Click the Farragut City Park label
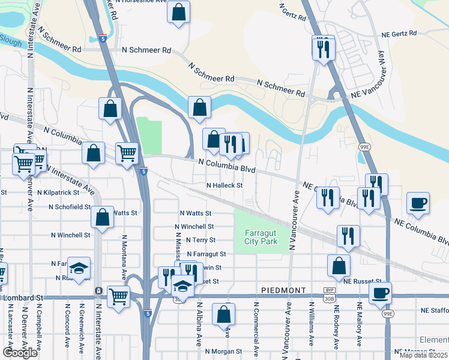point(261,237)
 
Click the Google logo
point(20,353)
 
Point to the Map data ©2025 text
point(423,355)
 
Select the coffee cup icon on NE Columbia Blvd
point(418,203)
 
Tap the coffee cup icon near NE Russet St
point(381,293)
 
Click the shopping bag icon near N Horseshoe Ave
point(179,12)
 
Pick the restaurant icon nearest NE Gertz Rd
point(324,48)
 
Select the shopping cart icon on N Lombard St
point(119,296)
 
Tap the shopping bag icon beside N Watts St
point(103,218)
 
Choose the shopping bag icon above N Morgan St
point(223,314)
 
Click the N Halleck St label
point(224,186)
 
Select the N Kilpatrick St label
point(58,193)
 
